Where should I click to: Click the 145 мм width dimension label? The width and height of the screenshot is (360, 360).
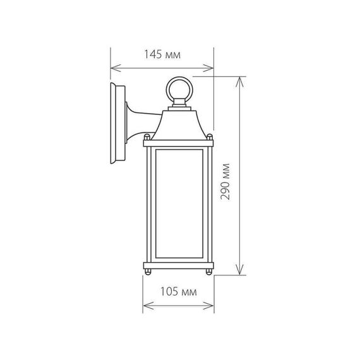(x=162, y=56)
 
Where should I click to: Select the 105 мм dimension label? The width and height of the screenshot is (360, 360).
(x=179, y=292)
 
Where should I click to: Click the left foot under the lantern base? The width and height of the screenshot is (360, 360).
(x=149, y=272)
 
